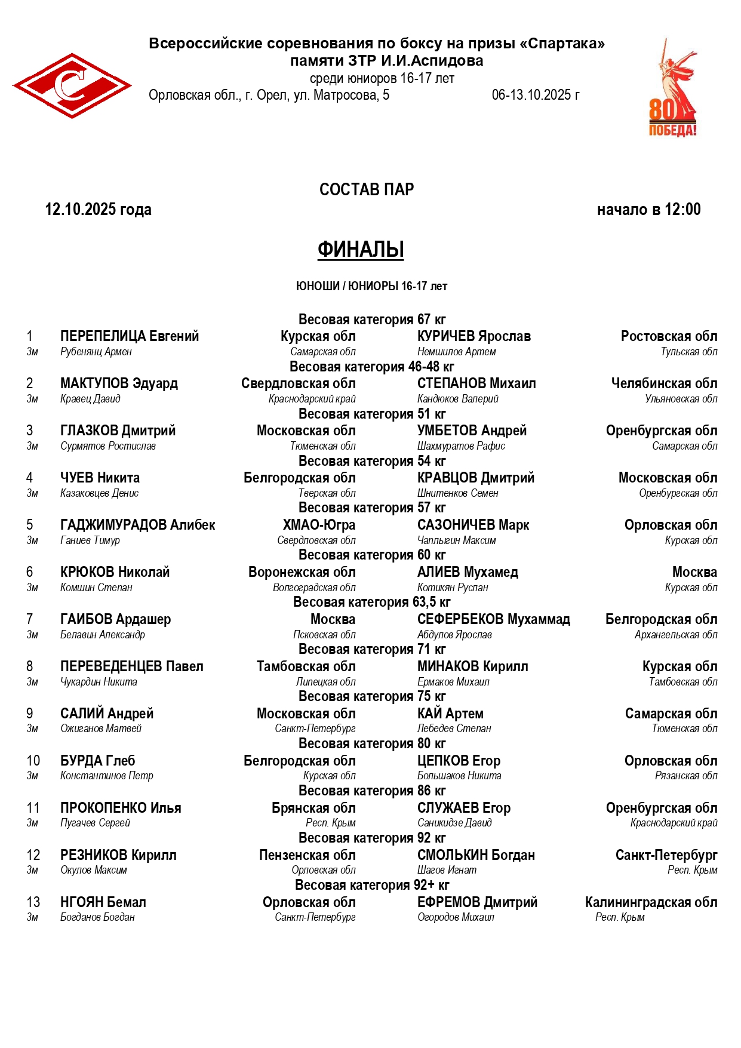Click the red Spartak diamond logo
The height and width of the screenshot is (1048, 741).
(72, 85)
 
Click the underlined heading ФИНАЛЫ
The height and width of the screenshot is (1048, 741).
(361, 249)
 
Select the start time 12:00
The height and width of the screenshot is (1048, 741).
(682, 210)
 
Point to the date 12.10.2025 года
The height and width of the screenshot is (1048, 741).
(99, 210)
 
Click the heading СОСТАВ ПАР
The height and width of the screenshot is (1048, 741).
(367, 189)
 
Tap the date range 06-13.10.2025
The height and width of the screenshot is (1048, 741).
(536, 95)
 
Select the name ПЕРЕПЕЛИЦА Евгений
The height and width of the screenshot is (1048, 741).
(130, 336)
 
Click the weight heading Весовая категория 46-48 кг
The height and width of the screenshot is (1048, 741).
(371, 367)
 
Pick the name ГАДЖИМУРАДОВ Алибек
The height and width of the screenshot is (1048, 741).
(137, 525)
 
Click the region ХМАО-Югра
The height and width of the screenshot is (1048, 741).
(319, 525)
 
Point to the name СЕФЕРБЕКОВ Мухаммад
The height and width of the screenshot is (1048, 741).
(493, 619)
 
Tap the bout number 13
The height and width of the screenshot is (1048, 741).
(33, 902)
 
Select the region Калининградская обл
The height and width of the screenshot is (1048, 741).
(651, 902)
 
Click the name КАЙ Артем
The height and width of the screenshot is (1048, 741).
(450, 714)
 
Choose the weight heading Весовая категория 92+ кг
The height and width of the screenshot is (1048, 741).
(371, 885)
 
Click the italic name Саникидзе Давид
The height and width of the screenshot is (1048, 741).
(454, 823)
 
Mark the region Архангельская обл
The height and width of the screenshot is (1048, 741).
(676, 635)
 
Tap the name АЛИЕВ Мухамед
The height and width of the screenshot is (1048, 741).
(468, 572)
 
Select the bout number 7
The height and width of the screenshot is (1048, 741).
(30, 619)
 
